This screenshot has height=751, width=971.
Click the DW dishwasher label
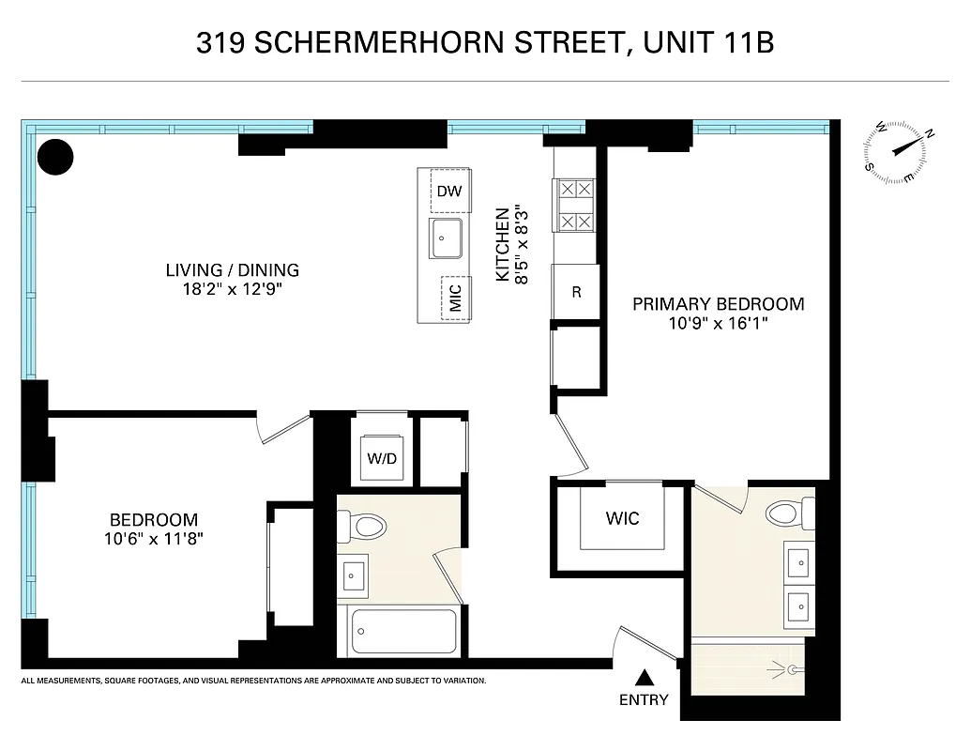(x=448, y=192)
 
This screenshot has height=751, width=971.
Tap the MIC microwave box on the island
(x=455, y=299)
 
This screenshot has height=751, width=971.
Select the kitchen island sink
(x=446, y=238)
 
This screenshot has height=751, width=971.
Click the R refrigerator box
(x=576, y=291)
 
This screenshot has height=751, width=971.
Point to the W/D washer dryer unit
(x=381, y=460)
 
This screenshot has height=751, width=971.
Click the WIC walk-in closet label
(x=622, y=518)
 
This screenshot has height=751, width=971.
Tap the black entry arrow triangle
(x=645, y=678)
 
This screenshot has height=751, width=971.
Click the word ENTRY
(x=644, y=699)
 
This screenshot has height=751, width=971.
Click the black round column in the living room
(x=55, y=157)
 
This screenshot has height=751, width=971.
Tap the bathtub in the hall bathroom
(x=402, y=632)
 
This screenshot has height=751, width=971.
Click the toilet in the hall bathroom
(x=363, y=527)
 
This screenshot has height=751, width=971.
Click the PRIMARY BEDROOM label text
(x=718, y=304)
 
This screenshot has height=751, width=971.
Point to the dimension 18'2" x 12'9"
(x=233, y=290)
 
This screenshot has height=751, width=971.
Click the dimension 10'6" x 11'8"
(x=154, y=539)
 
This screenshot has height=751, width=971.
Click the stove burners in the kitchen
(x=575, y=206)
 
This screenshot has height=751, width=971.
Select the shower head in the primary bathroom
(x=793, y=669)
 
